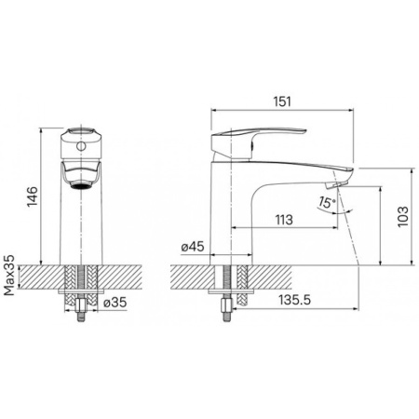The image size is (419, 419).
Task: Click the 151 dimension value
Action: coord(282,101)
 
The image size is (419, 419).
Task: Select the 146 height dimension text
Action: coord(33,196)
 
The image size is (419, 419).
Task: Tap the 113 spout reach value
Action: coord(284,220)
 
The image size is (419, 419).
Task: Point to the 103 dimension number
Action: coord(403,217)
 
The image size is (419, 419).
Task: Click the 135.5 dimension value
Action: coord(294,300)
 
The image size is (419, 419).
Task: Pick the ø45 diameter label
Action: coord(193,247)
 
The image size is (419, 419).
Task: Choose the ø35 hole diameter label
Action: coord(115,302)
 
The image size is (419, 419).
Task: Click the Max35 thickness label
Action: coord(9,275)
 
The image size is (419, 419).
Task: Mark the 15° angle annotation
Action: coord(326,203)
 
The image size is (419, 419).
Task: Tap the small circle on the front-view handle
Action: coord(81,145)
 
